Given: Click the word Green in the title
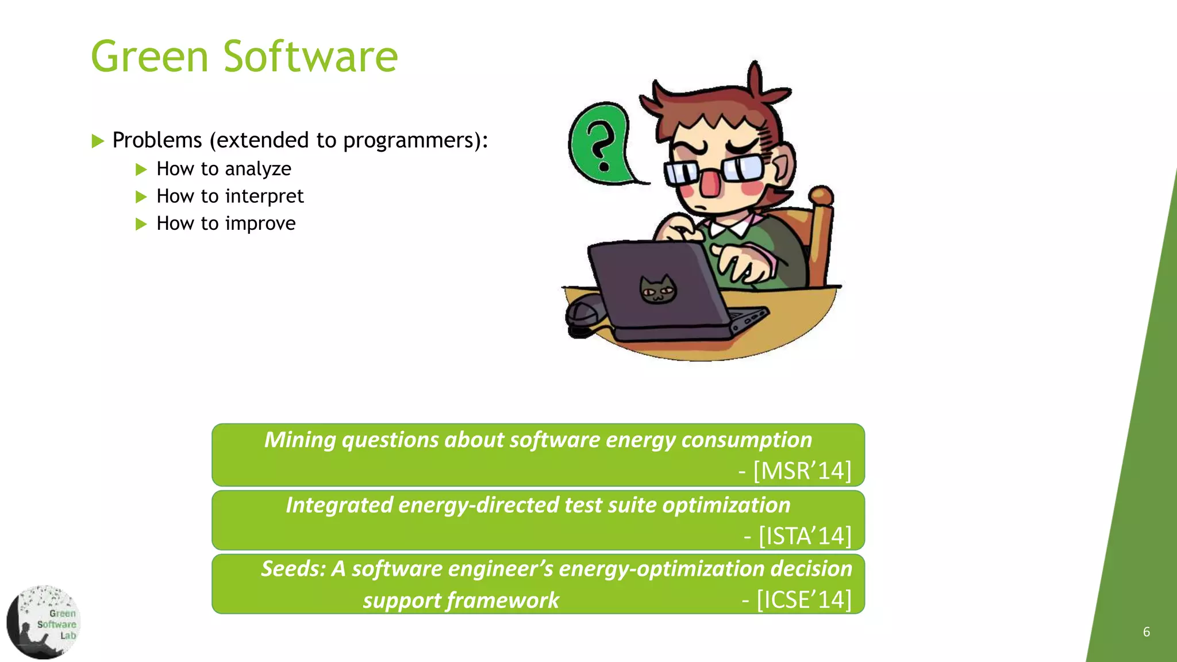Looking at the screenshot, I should point(149,57).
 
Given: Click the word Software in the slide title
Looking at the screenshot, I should point(310,57).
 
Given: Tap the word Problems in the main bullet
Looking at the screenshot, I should point(157,140).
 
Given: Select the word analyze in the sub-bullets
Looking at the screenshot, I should point(258,170).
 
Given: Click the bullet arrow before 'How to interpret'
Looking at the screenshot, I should point(141,197).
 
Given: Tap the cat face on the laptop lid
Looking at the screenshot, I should point(658,290).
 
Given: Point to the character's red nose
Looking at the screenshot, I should point(710,183).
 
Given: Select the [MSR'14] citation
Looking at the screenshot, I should point(802,471).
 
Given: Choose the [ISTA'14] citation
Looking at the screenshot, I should point(805,536).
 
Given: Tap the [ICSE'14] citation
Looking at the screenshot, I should point(803,600).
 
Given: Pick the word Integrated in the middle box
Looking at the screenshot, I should point(339,505).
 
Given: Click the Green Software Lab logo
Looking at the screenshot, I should point(43,622).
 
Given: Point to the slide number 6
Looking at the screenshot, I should point(1146,632).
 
